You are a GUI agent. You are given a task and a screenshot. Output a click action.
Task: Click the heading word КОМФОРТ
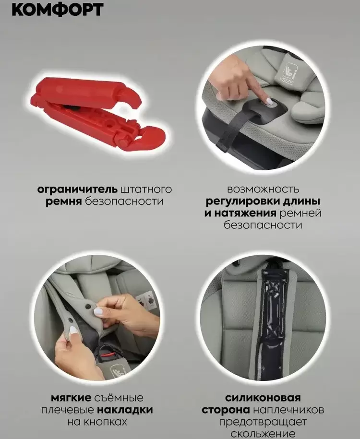click(57, 10)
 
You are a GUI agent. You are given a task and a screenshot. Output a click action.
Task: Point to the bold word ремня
click(63, 202)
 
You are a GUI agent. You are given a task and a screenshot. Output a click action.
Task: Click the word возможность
click(263, 189)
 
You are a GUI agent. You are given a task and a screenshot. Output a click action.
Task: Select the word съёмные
click(120, 398)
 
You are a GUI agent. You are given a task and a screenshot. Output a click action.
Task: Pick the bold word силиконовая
click(263, 398)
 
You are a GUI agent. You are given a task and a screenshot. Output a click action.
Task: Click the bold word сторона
click(226, 410)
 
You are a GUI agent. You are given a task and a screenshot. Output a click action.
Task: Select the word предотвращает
click(263, 422)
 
